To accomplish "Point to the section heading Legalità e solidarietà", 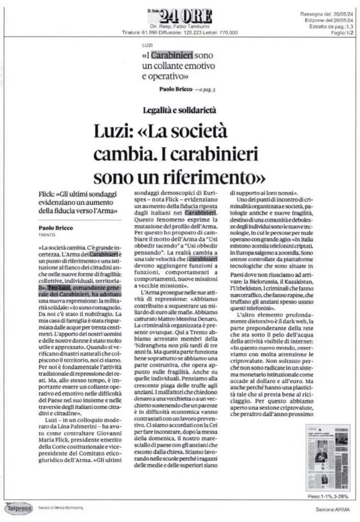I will (179, 109).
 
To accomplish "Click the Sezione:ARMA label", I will (332, 510).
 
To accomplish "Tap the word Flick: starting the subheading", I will (47, 194).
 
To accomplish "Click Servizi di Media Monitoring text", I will (61, 507).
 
